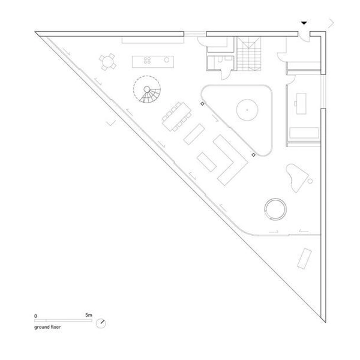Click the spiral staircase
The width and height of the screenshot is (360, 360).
tap(147, 89)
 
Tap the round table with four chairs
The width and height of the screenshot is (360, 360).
tap(107, 62)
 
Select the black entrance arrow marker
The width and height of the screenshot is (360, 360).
tap(304, 23)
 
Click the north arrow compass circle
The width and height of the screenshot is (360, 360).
tap(101, 323)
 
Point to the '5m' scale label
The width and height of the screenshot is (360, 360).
tap(89, 315)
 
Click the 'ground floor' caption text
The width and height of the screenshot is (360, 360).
tap(47, 327)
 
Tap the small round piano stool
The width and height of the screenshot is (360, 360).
tap(310, 181)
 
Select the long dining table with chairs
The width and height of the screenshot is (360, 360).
tap(176, 116)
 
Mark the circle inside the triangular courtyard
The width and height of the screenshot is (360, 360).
tap(247, 110)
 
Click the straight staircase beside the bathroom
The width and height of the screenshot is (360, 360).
tap(249, 54)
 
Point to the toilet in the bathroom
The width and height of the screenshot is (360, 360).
tap(220, 59)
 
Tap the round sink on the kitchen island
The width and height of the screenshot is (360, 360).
tap(166, 60)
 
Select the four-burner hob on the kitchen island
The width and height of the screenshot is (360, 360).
tap(147, 61)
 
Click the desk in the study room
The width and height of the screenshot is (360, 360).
tap(301, 104)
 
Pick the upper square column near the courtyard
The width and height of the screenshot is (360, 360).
tap(202, 104)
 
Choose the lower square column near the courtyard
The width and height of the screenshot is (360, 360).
tap(253, 155)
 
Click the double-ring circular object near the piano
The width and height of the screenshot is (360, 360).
tap(275, 209)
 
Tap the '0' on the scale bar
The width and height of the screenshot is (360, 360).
tap(35, 316)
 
